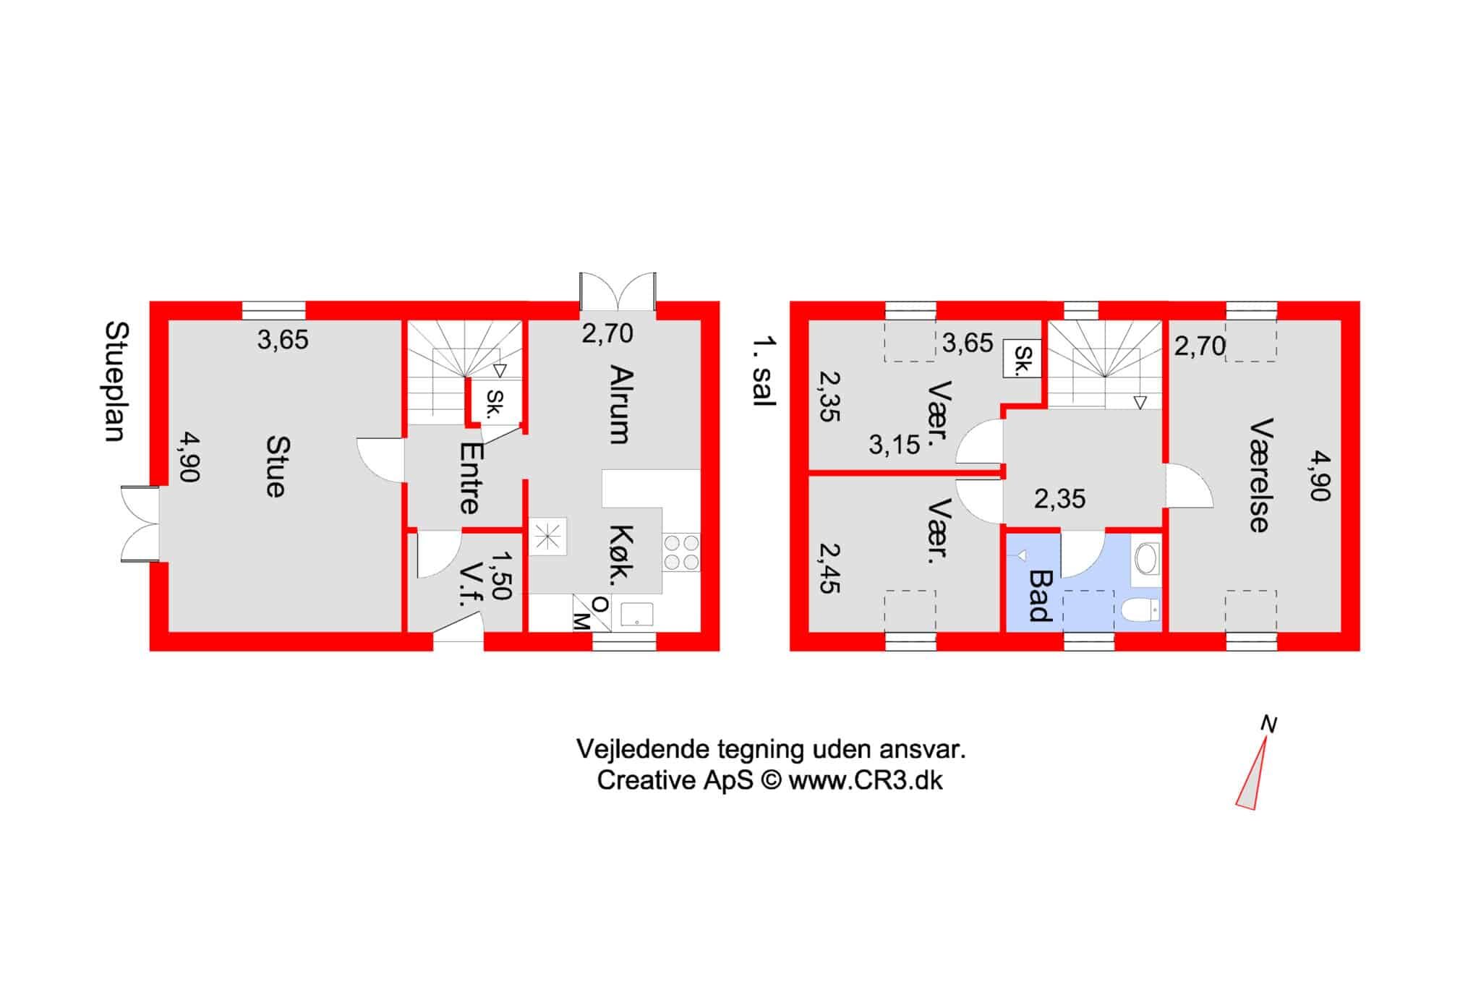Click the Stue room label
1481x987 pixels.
click(x=276, y=466)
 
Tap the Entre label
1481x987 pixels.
click(x=470, y=478)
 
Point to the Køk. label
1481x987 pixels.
click(x=622, y=554)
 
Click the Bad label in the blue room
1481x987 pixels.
click(x=1040, y=597)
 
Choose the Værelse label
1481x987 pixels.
click(x=1261, y=476)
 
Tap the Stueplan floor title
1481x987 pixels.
click(x=116, y=381)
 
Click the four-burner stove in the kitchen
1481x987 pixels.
click(x=680, y=552)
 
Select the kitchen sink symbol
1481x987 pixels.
click(x=636, y=614)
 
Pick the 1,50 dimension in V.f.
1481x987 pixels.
click(x=500, y=576)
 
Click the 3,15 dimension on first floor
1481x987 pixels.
click(x=895, y=445)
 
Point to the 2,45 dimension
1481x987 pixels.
click(x=829, y=568)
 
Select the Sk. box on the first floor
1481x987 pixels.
click(x=1022, y=359)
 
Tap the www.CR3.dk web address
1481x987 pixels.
click(x=866, y=782)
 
